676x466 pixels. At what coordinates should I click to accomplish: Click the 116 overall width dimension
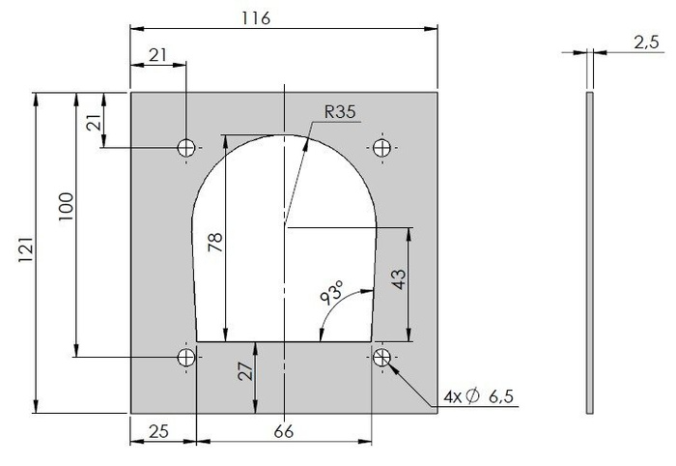[256, 18]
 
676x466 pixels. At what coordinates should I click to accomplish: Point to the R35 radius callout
[340, 112]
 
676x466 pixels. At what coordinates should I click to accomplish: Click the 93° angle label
[331, 293]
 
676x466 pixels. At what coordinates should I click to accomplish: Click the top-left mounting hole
[186, 148]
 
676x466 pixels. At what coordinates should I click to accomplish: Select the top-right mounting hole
[382, 148]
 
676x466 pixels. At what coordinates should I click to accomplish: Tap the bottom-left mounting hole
[186, 358]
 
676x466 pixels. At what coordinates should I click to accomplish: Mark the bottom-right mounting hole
[382, 358]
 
